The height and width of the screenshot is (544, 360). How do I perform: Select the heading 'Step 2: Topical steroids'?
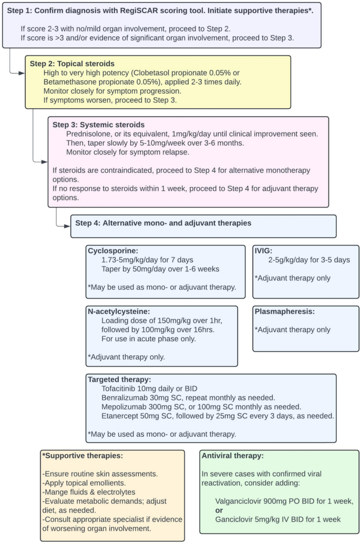72,64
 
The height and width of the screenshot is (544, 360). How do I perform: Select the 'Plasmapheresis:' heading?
284,311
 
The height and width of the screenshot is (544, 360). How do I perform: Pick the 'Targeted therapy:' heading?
119,379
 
